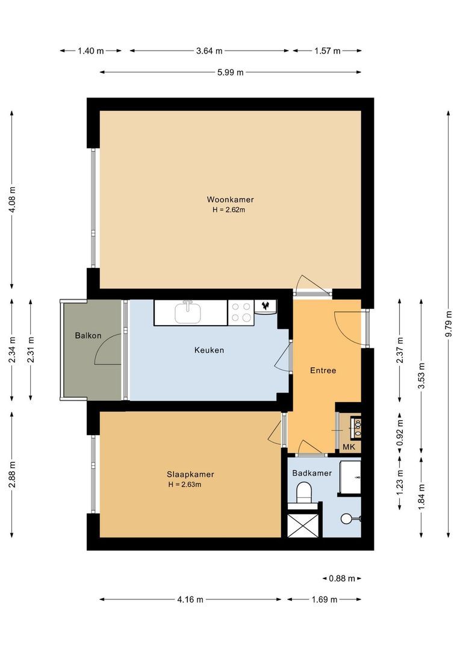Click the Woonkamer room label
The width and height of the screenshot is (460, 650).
point(230,199)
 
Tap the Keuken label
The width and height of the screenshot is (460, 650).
point(209,350)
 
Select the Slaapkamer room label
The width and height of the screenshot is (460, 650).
point(191,474)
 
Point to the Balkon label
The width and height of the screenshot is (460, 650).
point(88,335)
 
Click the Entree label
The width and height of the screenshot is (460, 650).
point(322,370)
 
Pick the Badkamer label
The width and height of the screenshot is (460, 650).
point(312,473)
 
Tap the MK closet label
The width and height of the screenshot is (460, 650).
point(349,447)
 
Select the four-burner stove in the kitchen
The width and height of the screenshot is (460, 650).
point(241,312)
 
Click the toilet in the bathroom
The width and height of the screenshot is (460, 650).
point(305,494)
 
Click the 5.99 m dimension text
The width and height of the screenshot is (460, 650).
point(231,72)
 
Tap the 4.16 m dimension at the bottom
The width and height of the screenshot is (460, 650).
point(190,599)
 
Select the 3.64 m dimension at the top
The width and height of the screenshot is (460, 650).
point(209,51)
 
